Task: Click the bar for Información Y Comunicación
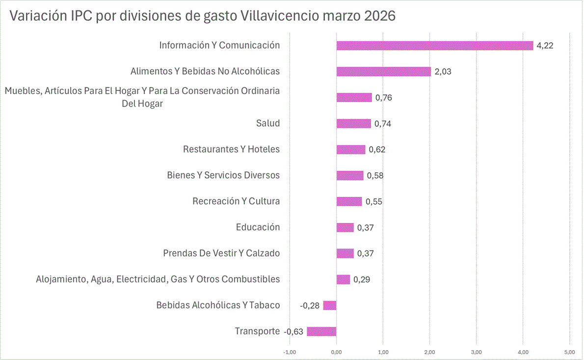[434, 46]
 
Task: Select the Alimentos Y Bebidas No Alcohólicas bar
[383, 72]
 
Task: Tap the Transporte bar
[321, 332]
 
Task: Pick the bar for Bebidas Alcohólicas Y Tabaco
[330, 305]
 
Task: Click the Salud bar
[353, 124]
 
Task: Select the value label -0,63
[293, 332]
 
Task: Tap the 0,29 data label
[362, 279]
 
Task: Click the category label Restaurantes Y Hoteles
[231, 149]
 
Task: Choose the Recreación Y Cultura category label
[236, 201]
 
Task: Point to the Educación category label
[258, 227]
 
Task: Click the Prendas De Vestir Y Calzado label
[221, 253]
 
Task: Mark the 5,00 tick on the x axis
[569, 352]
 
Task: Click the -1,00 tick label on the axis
[289, 352]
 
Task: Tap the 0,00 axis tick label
[336, 352]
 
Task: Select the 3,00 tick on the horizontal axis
[476, 352]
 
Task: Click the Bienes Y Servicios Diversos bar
[350, 175]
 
